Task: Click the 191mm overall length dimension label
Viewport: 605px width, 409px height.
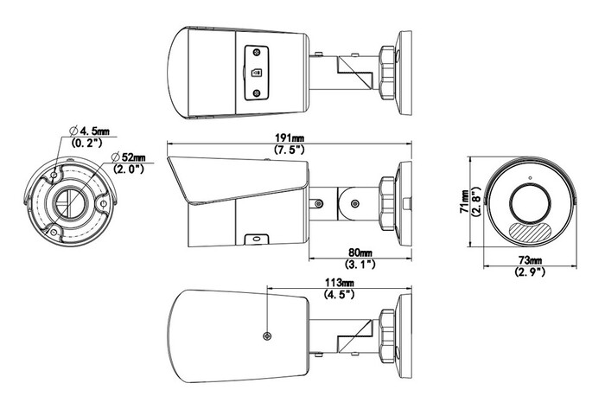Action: point(290,137)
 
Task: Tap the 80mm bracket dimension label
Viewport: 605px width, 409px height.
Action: point(360,252)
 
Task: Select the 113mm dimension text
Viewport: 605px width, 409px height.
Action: point(339,283)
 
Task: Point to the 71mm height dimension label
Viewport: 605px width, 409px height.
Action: point(466,201)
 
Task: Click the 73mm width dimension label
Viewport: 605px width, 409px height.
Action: point(530,261)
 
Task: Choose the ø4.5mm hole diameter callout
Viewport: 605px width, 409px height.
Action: point(89,131)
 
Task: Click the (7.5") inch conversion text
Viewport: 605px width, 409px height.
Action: point(290,150)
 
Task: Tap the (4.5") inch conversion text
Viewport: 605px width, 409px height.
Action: point(339,295)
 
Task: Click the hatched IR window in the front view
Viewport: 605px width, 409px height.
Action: point(530,233)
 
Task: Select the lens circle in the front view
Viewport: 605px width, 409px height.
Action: point(530,203)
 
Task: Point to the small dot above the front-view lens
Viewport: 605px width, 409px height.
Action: point(530,178)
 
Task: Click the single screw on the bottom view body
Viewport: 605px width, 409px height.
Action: point(267,336)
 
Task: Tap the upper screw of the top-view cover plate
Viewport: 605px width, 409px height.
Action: point(257,53)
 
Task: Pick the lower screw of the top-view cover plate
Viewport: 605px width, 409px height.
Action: point(257,93)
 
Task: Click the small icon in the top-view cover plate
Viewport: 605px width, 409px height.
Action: point(257,73)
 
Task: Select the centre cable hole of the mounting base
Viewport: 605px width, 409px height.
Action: point(68,201)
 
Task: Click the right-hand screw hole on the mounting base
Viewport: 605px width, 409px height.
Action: point(104,203)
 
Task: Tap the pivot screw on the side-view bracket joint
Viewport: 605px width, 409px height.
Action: point(355,203)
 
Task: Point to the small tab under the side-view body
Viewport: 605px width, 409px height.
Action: point(257,240)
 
